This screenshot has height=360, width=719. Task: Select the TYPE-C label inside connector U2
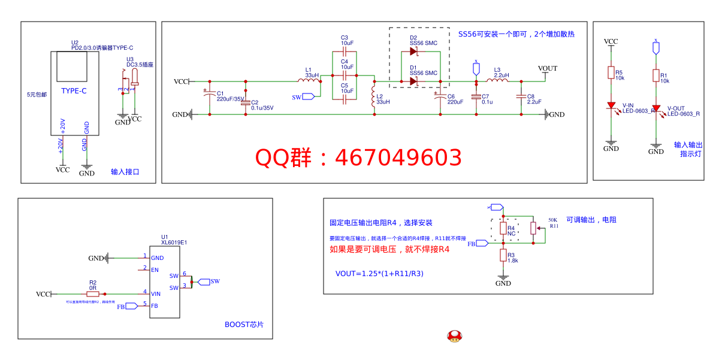point(74,91)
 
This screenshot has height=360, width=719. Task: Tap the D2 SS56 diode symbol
point(413,52)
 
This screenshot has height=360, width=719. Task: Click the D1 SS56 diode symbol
point(413,81)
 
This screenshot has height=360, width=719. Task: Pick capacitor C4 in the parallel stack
point(345,75)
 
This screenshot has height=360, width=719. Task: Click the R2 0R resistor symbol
point(93,294)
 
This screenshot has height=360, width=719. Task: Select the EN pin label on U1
point(155,270)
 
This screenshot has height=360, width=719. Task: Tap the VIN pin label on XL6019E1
point(156,294)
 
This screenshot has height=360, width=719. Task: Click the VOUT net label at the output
point(547,68)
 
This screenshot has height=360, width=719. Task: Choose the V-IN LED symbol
point(611,106)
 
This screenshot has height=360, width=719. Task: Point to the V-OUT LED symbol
point(656,109)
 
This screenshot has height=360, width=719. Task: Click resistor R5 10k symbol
point(611,73)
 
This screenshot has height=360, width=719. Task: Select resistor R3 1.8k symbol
point(503,256)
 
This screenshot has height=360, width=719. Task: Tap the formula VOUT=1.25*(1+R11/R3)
point(379,274)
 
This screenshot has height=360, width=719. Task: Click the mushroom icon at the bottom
point(455,336)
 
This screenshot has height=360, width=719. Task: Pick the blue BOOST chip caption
point(244,325)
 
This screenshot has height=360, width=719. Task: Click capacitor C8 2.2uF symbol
point(521,96)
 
